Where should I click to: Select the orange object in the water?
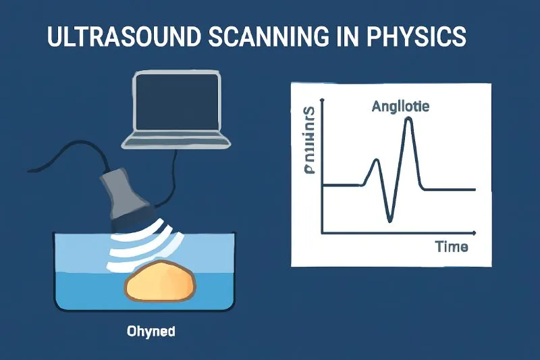160,282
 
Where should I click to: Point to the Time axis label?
452,247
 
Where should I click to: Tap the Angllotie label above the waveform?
400,106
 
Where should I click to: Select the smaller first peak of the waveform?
377,161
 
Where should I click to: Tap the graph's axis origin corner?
323,233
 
